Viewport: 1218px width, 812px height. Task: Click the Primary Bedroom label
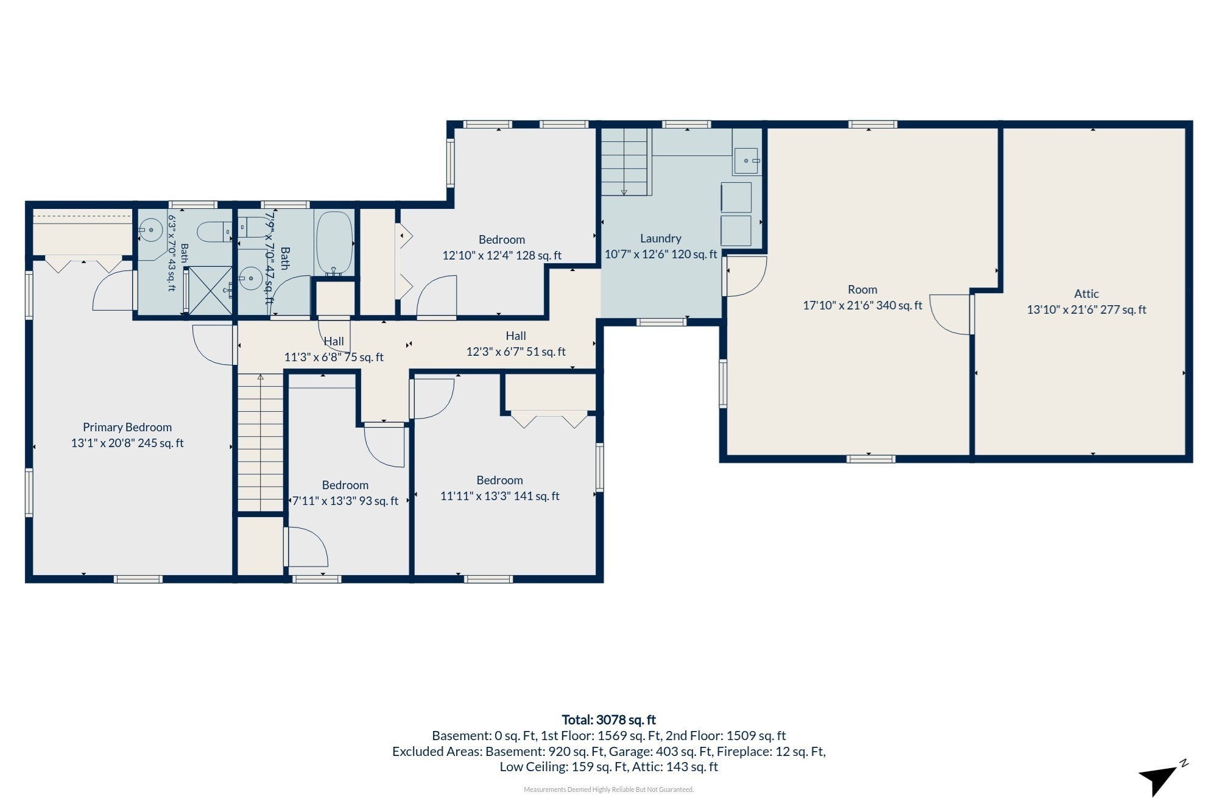tap(127, 427)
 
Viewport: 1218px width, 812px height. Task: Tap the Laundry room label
tap(661, 239)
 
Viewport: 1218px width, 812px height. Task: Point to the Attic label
tap(1086, 294)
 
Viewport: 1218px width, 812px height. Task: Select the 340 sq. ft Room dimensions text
tap(862, 305)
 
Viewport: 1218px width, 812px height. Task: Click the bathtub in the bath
tap(334, 242)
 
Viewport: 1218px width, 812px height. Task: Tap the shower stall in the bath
tap(208, 291)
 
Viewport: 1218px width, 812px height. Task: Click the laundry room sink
tap(746, 161)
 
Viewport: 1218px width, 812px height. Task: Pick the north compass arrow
tap(1161, 778)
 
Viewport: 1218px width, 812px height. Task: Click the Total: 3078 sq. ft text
tap(608, 720)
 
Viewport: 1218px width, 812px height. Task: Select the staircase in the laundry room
tap(624, 161)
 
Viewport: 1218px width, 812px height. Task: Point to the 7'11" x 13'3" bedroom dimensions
tap(345, 501)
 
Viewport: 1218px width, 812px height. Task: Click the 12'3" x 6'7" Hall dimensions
tap(516, 351)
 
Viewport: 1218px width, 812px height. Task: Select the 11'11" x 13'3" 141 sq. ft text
tap(499, 496)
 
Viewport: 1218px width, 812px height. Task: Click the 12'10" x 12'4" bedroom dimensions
tap(502, 255)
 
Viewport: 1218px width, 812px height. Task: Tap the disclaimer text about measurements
tap(608, 789)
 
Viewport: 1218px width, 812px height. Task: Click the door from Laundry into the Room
tap(745, 276)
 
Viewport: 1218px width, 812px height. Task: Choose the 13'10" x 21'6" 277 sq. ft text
tap(1086, 309)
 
